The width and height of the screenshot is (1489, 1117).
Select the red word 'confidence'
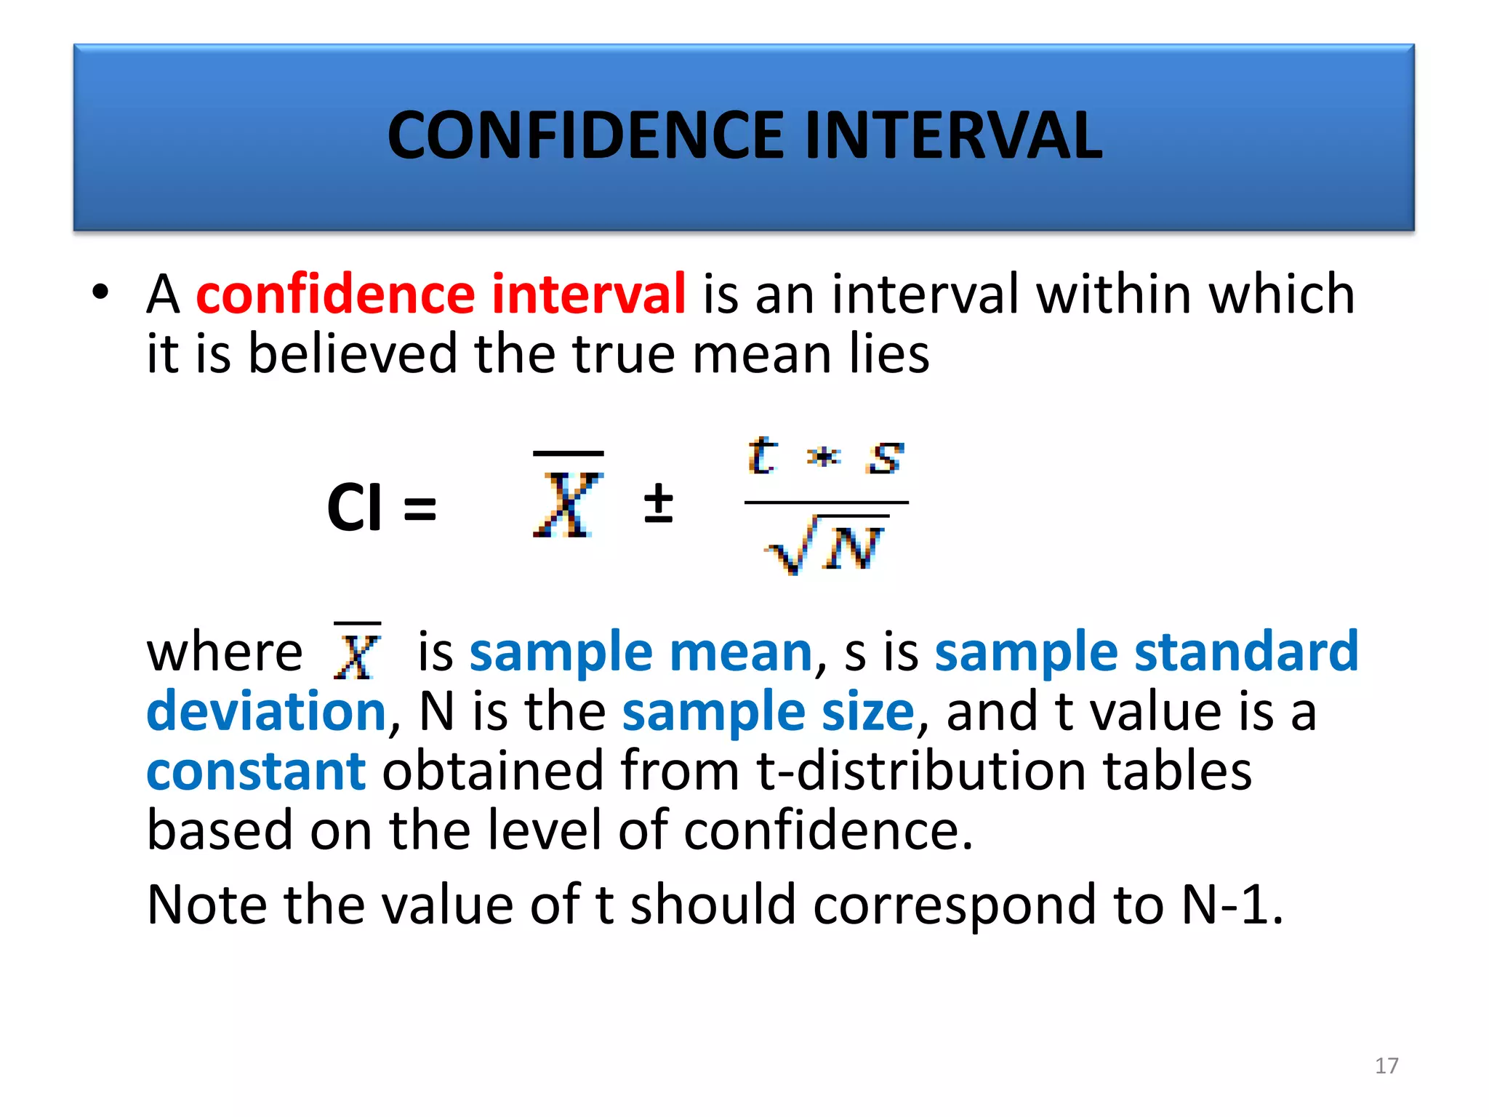335,294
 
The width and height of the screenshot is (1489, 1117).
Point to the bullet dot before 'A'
100,292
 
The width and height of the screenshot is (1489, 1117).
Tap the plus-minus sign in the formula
659,503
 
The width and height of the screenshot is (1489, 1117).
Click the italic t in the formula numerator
762,456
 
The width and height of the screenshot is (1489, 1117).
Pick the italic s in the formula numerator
885,458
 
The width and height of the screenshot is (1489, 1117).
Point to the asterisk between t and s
824,457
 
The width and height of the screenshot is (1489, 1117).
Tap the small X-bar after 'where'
357,652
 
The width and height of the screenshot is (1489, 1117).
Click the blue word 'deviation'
266,711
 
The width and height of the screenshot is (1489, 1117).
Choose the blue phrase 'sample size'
768,711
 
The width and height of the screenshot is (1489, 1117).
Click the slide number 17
1386,1065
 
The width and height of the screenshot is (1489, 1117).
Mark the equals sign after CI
420,508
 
